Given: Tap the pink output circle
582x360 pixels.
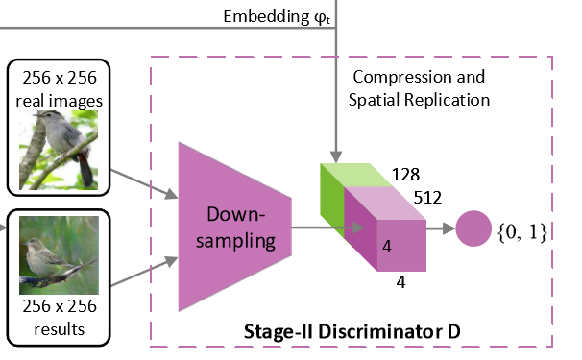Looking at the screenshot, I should point(473,230).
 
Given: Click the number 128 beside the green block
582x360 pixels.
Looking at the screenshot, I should point(407,175).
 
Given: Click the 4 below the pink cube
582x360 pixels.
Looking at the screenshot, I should point(401,283).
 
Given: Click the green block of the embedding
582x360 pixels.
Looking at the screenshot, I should point(331,202).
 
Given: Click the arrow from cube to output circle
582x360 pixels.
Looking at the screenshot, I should point(438,230).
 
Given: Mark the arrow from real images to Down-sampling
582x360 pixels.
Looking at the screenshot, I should point(144,184).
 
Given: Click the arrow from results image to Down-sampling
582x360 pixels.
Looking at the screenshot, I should point(144,273).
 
